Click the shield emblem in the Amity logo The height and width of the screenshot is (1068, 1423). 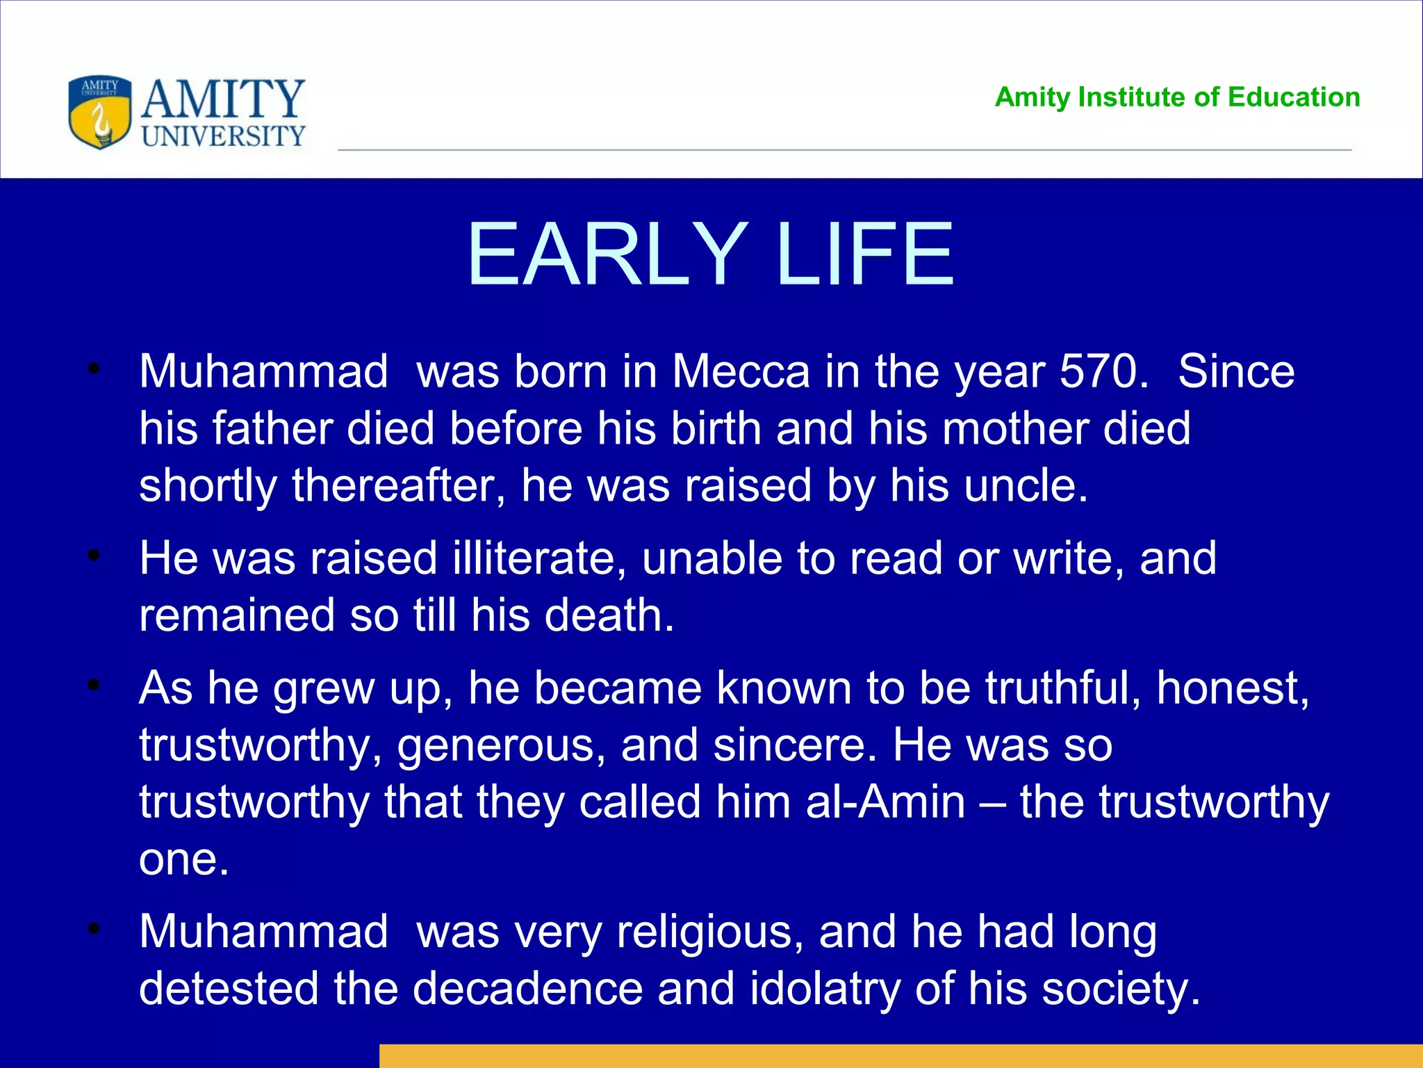tap(100, 113)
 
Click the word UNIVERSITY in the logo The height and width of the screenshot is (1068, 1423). tap(224, 136)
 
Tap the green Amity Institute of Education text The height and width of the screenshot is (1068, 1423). tap(1177, 97)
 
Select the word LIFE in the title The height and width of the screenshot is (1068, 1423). tap(865, 254)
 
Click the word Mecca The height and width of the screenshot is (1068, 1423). tap(741, 371)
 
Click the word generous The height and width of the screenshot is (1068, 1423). tap(501, 745)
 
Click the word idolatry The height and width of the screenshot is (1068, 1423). tap(824, 989)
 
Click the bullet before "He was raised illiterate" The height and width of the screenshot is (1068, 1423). tap(94, 556)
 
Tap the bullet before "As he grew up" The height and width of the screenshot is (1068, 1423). tap(94, 686)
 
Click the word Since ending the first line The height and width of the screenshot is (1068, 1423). tap(1236, 371)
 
